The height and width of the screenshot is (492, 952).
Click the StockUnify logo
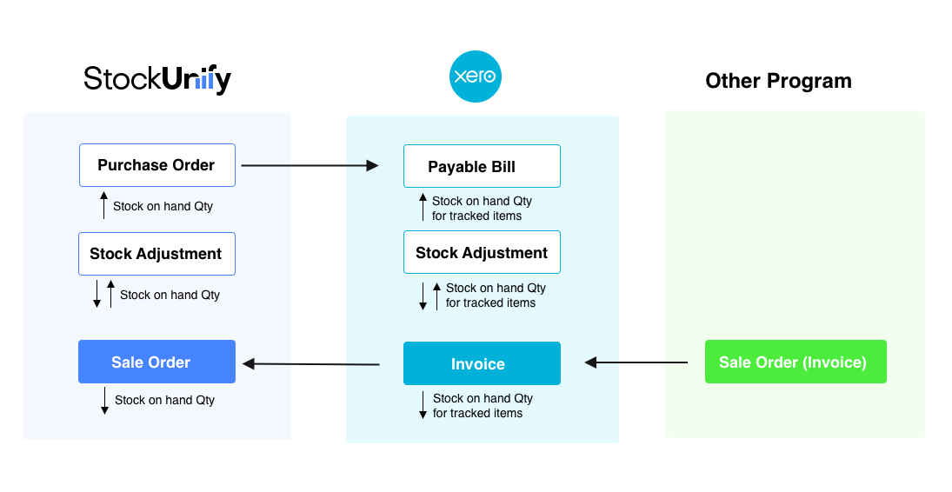[x=157, y=80]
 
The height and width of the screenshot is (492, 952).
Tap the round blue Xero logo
[x=476, y=76]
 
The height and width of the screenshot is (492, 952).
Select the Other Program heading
[x=778, y=81]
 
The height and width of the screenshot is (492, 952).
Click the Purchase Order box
[x=156, y=165]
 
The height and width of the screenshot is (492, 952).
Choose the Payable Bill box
[x=482, y=166]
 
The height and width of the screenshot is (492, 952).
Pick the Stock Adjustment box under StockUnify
[x=156, y=254]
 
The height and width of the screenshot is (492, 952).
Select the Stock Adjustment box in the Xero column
[x=482, y=253]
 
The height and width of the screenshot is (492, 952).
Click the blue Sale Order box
[x=156, y=362]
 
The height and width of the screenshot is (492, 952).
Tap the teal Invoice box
[x=482, y=363]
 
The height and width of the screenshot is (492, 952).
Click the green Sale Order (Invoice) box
[x=796, y=362]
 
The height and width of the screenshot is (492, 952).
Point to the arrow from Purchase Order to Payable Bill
[x=310, y=165]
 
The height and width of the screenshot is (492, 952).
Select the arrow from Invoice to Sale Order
[x=311, y=364]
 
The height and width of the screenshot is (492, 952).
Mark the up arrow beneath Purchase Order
[x=103, y=206]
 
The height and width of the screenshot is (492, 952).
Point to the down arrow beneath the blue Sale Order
[x=104, y=400]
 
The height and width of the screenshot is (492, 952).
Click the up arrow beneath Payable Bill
[x=423, y=208]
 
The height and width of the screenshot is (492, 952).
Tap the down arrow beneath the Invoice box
[x=423, y=405]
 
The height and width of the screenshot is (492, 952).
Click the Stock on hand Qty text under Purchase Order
[x=163, y=207]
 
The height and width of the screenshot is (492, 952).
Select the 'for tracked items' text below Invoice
[x=477, y=413]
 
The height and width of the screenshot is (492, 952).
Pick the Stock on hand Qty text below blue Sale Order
[x=164, y=400]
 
